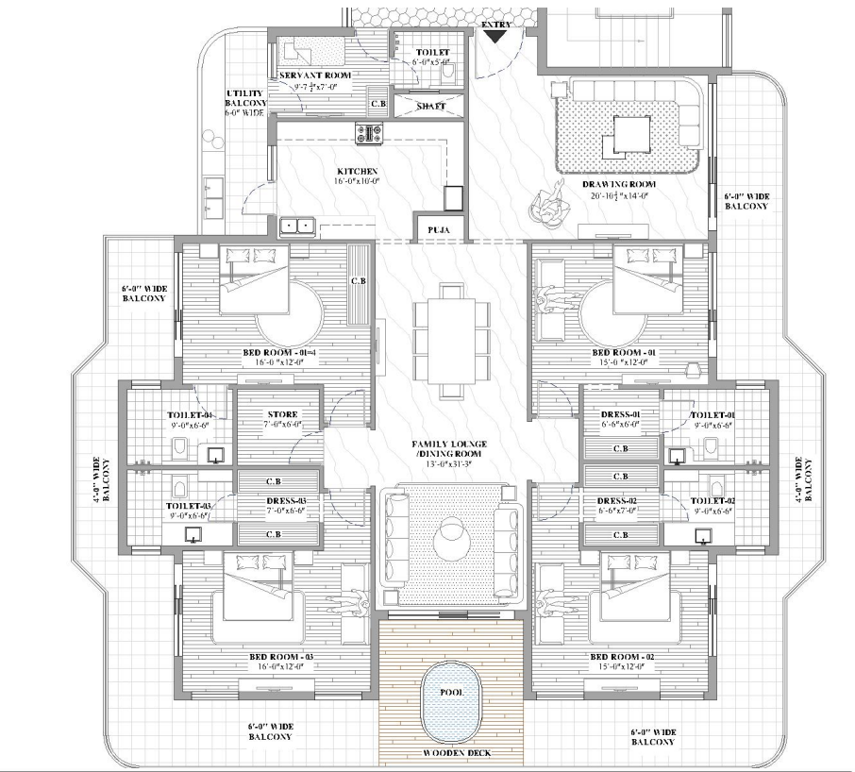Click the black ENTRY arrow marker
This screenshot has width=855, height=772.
click(x=495, y=36)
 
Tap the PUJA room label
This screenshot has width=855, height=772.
click(x=437, y=229)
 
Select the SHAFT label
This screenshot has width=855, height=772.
click(x=430, y=107)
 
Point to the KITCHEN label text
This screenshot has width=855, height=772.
click(x=351, y=171)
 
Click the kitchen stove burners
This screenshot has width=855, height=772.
click(x=367, y=134)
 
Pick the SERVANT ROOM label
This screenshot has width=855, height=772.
click(x=314, y=75)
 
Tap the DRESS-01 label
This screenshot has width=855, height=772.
click(x=621, y=414)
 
